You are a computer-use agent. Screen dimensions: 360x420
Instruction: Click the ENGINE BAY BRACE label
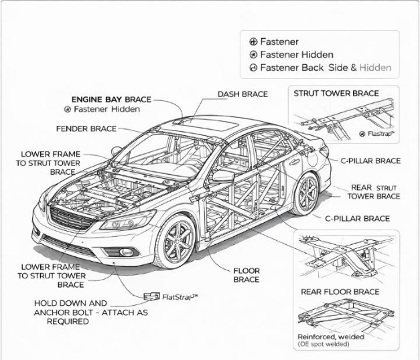[x=111, y=99]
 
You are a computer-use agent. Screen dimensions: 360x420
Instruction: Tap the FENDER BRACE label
[x=86, y=128]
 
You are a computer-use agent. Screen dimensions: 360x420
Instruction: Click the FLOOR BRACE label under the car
[x=246, y=275]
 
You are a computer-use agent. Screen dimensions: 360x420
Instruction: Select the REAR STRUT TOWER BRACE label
[x=374, y=192]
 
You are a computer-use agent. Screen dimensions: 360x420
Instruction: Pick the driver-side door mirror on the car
[x=222, y=177]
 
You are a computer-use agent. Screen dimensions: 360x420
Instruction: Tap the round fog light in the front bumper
[x=126, y=252]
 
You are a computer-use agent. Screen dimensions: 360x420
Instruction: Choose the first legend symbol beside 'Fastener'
[x=253, y=41]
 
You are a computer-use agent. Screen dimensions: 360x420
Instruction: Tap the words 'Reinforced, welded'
[x=331, y=337]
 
